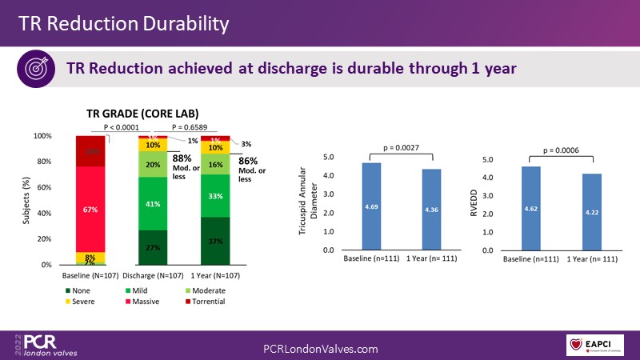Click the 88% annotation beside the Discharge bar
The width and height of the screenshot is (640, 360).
point(181,158)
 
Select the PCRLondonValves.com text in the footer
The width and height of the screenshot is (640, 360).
point(320,349)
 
